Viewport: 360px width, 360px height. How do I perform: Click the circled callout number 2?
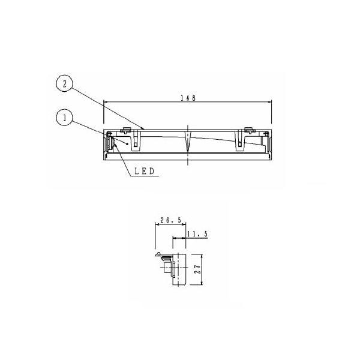pyautogui.click(x=65, y=84)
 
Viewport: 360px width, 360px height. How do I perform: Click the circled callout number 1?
pyautogui.click(x=65, y=118)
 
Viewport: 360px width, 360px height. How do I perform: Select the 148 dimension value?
pyautogui.click(x=188, y=98)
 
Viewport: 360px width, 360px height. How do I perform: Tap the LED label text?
pyautogui.click(x=144, y=171)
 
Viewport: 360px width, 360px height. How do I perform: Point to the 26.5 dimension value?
pyautogui.click(x=170, y=220)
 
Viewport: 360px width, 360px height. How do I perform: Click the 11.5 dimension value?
pyautogui.click(x=197, y=234)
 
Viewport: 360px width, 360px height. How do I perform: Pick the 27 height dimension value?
pyautogui.click(x=197, y=269)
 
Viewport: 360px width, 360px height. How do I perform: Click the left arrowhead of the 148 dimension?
pyautogui.click(x=106, y=102)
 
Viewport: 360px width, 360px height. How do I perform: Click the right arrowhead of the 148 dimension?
pyautogui.click(x=269, y=102)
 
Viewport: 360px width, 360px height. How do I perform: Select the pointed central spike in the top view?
pyautogui.click(x=188, y=142)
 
